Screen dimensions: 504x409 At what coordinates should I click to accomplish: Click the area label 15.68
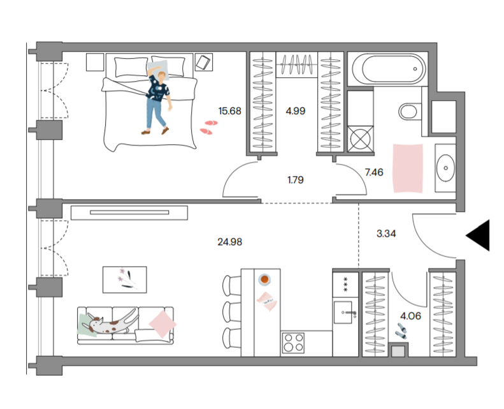(x=229, y=111)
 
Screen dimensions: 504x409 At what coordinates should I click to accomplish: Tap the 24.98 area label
(x=229, y=242)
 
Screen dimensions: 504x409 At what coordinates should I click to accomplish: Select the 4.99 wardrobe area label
(x=296, y=111)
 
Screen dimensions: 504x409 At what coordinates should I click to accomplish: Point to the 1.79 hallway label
(x=296, y=179)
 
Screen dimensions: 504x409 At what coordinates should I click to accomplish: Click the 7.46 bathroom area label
(x=374, y=172)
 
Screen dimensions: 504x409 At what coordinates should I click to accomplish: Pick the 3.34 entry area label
(x=386, y=234)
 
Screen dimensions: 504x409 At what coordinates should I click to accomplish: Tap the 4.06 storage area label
(x=410, y=316)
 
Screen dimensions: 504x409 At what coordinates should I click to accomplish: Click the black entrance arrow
(x=478, y=235)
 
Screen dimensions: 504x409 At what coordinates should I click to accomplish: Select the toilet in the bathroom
(x=410, y=112)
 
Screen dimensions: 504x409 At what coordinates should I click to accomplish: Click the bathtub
(x=389, y=69)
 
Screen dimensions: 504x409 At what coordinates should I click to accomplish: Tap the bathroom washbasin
(x=445, y=168)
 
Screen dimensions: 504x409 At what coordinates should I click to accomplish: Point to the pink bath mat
(x=408, y=168)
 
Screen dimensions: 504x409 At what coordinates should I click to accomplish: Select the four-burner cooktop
(x=293, y=343)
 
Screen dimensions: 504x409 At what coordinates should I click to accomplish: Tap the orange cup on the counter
(x=264, y=279)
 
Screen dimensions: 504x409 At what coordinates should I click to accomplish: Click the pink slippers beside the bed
(x=208, y=127)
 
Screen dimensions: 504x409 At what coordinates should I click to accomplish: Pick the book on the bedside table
(x=203, y=63)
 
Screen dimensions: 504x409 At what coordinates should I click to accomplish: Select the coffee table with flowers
(x=125, y=279)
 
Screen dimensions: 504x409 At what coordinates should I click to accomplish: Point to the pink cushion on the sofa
(x=162, y=324)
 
